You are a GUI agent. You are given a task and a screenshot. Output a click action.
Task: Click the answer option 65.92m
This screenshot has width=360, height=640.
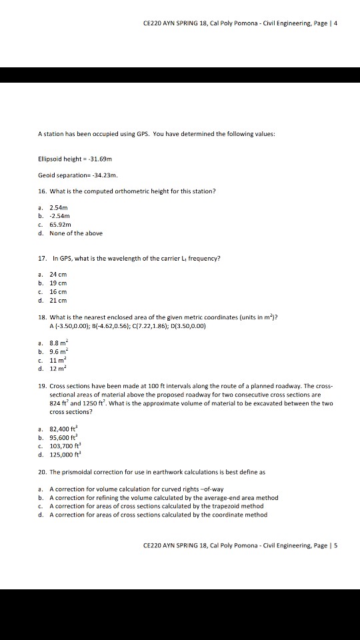pos(59,225)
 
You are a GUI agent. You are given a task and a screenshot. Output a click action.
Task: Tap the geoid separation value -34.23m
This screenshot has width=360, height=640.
pos(105,176)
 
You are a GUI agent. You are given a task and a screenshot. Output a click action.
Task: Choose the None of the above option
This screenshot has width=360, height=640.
pos(76,233)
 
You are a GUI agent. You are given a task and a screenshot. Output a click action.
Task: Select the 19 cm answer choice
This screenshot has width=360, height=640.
pos(59,284)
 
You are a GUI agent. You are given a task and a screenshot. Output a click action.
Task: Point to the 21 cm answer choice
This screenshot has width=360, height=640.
pos(59,300)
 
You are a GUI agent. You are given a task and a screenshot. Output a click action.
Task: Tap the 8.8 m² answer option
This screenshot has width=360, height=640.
pos(59,341)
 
